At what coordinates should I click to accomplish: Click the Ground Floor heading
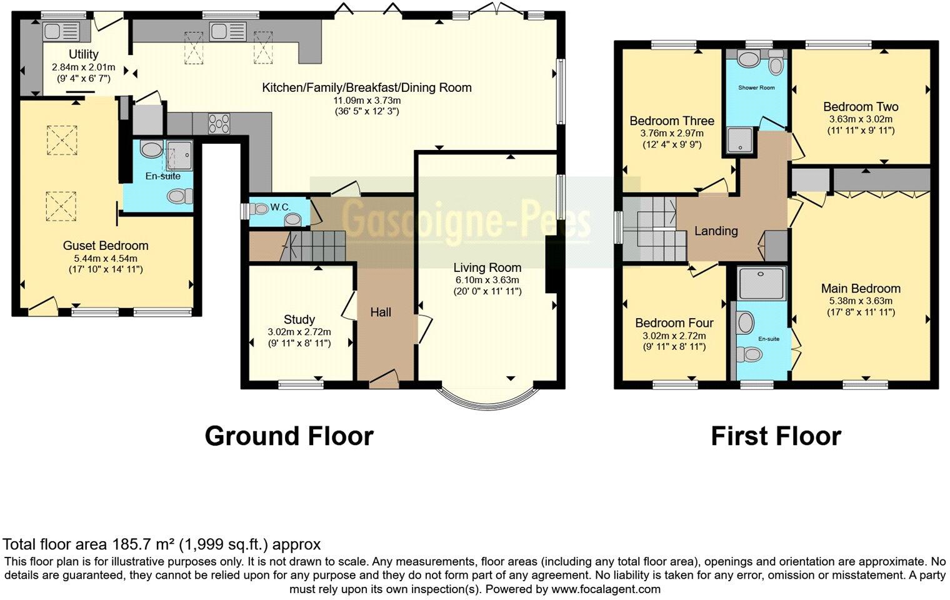click(x=289, y=436)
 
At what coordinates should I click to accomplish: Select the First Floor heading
click(x=776, y=436)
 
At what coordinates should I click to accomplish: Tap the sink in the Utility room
click(x=61, y=31)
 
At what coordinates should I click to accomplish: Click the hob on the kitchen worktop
click(x=219, y=122)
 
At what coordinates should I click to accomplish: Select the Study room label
click(x=299, y=319)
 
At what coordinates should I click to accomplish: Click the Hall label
click(x=381, y=312)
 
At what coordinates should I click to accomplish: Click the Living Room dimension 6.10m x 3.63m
click(x=487, y=280)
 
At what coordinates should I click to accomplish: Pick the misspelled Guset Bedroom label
click(x=106, y=246)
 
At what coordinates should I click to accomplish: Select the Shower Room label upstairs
click(x=756, y=87)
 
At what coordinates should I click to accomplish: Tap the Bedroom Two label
click(x=861, y=106)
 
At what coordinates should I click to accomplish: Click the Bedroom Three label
click(x=672, y=121)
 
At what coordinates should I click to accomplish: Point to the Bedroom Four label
click(x=674, y=323)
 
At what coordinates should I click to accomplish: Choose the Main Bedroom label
click(x=861, y=288)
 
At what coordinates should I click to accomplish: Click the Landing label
click(x=716, y=231)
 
